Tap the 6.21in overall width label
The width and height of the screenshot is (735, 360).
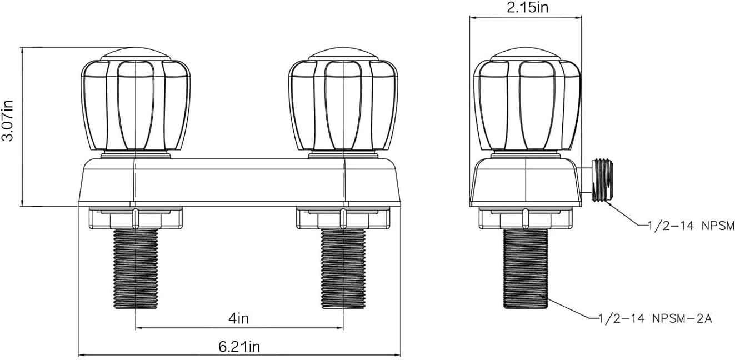pos(239,347)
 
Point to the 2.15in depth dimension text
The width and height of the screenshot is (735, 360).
pos(526,7)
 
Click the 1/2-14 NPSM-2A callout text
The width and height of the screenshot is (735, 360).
pos(655,318)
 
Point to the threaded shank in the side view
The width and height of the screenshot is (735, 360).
pos(526,268)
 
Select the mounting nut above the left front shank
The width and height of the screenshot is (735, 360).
pos(136,218)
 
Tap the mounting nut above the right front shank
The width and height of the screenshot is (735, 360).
pos(344,218)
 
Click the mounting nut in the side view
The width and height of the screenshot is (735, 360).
pos(526,218)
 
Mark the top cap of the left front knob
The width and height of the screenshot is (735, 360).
pos(136,53)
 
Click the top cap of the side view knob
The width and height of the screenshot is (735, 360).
pos(526,53)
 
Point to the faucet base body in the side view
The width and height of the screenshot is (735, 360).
pos(526,182)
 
